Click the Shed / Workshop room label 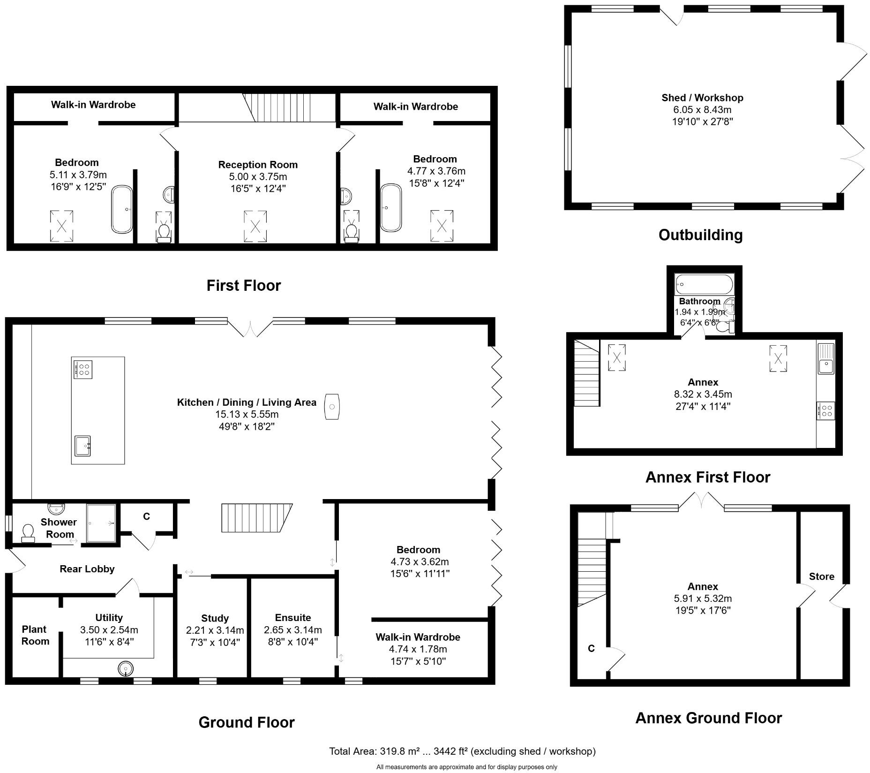coord(702,98)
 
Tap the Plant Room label coord(35,635)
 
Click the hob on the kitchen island coord(82,369)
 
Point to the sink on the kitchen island coord(82,445)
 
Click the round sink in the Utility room coord(125,668)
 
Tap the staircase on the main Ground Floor coord(255,518)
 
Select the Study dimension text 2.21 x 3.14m coord(215,630)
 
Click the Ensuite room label coord(292,618)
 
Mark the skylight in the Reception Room coord(255,227)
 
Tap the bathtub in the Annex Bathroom coord(703,285)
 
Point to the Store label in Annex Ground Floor coord(821,576)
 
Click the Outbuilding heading coord(700,235)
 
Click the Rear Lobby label coord(87,569)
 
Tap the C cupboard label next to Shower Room coord(146,516)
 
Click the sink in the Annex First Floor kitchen coord(826,359)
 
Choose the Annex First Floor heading coord(707,477)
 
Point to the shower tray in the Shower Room coord(101,523)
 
